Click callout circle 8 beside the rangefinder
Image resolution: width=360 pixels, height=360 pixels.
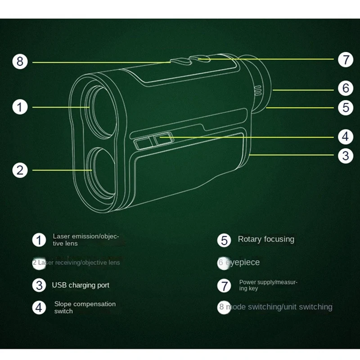[x=20, y=61]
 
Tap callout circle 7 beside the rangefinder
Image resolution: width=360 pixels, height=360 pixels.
[x=346, y=59]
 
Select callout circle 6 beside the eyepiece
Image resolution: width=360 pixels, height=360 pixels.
[x=346, y=88]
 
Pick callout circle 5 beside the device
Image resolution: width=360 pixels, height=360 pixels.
[x=346, y=108]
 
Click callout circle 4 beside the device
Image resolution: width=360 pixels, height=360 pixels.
[x=346, y=136]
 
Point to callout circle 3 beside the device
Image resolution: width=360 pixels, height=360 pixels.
[x=346, y=156]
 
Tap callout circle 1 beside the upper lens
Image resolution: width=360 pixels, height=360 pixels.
[x=20, y=107]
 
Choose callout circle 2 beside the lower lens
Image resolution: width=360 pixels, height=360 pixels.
[x=20, y=170]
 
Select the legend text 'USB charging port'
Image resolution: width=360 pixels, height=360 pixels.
[x=81, y=285]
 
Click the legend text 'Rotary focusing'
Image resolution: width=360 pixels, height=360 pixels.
[x=266, y=239]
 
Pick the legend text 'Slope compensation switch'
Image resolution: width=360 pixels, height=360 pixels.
[x=85, y=307]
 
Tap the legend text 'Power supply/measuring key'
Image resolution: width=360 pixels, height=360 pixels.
[x=268, y=285]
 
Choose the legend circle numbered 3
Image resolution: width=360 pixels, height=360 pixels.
[x=39, y=285]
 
